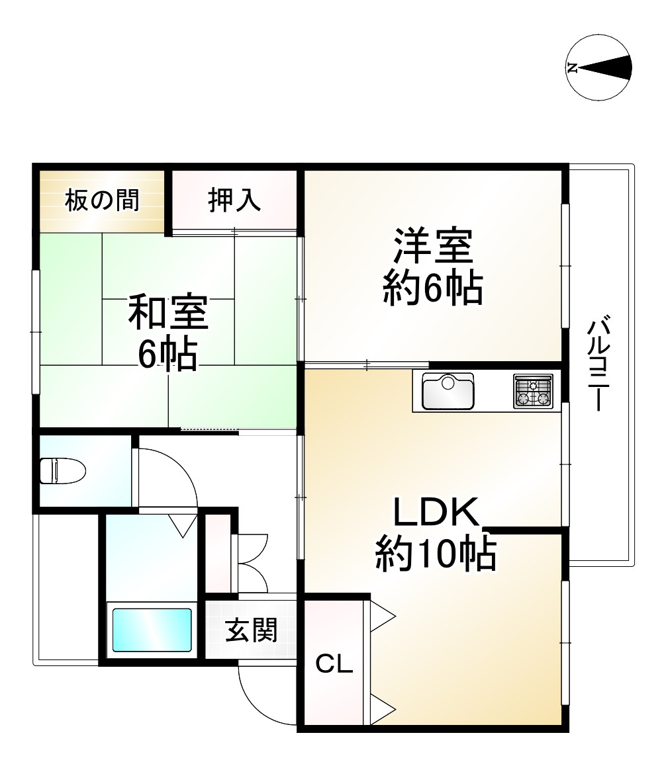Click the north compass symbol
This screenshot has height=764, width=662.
pyautogui.click(x=600, y=67)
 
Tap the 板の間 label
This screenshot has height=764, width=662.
pyautogui.click(x=102, y=200)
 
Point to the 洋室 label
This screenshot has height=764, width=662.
pyautogui.click(x=433, y=246)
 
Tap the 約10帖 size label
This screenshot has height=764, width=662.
pyautogui.click(x=436, y=554)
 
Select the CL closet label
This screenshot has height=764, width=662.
pyautogui.click(x=334, y=663)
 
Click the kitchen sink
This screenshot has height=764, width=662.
pyautogui.click(x=448, y=392)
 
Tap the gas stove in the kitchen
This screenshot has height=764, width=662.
pyautogui.click(x=533, y=391)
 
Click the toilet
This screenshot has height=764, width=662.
pyautogui.click(x=63, y=471)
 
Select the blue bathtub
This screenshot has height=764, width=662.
pyautogui.click(x=152, y=629)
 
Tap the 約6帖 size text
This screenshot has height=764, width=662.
pyautogui.click(x=433, y=288)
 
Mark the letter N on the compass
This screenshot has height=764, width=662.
pyautogui.click(x=573, y=67)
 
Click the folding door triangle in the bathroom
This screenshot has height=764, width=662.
pyautogui.click(x=183, y=525)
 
